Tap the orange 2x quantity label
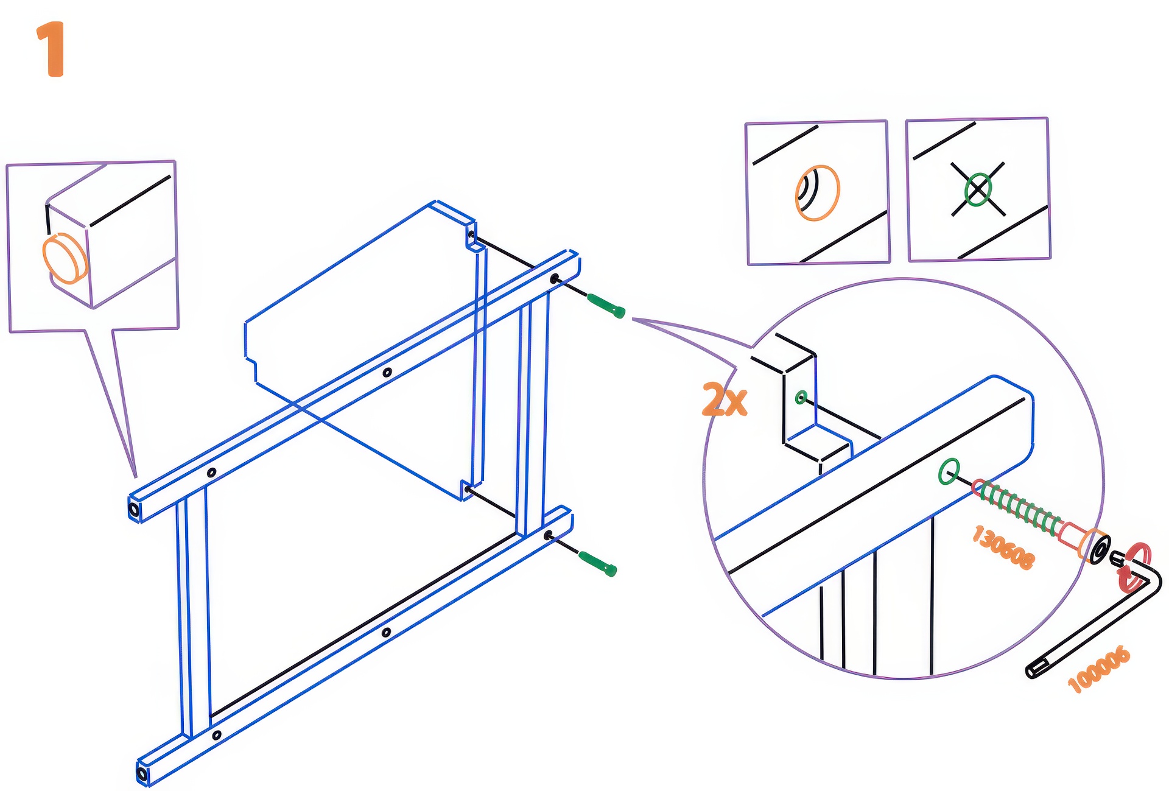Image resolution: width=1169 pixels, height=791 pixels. click(x=724, y=399)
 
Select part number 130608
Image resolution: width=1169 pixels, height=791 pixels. click(x=1002, y=547)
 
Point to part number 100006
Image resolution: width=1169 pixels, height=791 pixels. click(x=1099, y=669)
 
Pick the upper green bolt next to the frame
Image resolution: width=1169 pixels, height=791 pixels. click(x=606, y=306)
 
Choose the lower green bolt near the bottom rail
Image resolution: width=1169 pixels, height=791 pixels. click(x=597, y=563)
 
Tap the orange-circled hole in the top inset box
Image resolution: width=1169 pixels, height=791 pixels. click(x=817, y=192)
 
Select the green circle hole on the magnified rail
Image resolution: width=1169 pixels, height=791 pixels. click(x=949, y=471)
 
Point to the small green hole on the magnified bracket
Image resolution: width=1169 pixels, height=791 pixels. click(x=801, y=398)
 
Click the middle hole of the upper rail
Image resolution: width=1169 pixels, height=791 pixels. click(x=387, y=372)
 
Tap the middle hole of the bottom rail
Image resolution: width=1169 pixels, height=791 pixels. click(x=386, y=633)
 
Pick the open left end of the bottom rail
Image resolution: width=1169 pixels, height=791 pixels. click(x=142, y=775)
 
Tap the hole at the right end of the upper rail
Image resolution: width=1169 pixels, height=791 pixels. click(x=554, y=279)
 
